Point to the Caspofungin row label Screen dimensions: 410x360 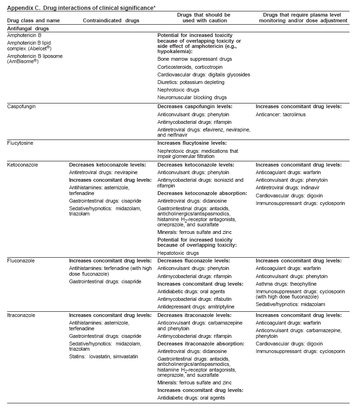[21, 106]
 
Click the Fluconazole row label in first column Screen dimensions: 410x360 [21, 261]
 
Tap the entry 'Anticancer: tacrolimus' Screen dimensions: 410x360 [281, 114]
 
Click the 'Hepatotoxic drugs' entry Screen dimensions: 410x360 [178, 253]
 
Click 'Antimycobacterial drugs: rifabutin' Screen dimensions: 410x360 [197, 299]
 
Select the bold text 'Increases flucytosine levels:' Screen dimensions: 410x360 [192, 142]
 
